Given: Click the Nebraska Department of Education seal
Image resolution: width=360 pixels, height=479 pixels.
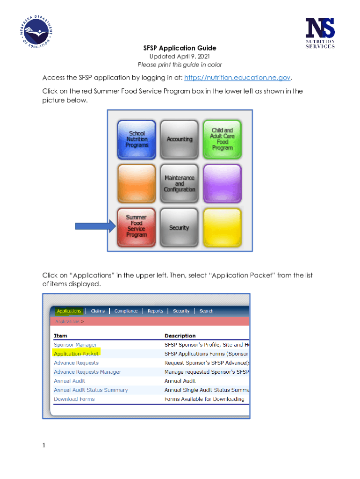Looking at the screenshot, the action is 36,32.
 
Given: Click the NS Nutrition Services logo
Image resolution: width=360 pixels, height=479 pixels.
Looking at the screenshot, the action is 320,33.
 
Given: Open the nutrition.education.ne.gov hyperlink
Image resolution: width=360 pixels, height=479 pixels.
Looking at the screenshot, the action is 237,78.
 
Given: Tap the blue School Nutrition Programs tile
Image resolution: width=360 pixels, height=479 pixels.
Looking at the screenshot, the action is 137,139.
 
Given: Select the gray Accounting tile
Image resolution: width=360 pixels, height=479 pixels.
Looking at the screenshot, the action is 180,139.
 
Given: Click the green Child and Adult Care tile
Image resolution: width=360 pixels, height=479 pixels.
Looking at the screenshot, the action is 222,139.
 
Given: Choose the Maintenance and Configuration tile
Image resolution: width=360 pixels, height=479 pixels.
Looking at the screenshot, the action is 180,183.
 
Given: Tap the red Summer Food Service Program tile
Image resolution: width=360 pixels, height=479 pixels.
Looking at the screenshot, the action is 137,227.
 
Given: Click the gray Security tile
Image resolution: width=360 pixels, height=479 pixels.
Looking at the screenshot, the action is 180,227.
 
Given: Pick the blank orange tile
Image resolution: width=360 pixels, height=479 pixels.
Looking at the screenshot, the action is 137,183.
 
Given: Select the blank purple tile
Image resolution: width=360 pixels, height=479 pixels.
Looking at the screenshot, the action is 222,183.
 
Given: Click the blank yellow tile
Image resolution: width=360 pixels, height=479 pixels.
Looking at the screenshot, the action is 222,227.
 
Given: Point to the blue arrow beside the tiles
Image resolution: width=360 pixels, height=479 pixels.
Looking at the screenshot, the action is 95,226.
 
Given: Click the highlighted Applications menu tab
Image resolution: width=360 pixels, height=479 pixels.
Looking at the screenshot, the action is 69,311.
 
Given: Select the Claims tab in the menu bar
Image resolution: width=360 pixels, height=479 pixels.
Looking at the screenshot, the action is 98,311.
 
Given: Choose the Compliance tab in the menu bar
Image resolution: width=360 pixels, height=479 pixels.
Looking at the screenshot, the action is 126,311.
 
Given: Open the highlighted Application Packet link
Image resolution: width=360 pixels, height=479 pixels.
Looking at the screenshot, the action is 76,354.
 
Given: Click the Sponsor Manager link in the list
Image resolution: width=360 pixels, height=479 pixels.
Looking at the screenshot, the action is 75,345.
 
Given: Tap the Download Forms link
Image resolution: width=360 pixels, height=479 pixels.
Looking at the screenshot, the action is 74,399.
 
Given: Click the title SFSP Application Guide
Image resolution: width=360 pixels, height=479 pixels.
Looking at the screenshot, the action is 180,48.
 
